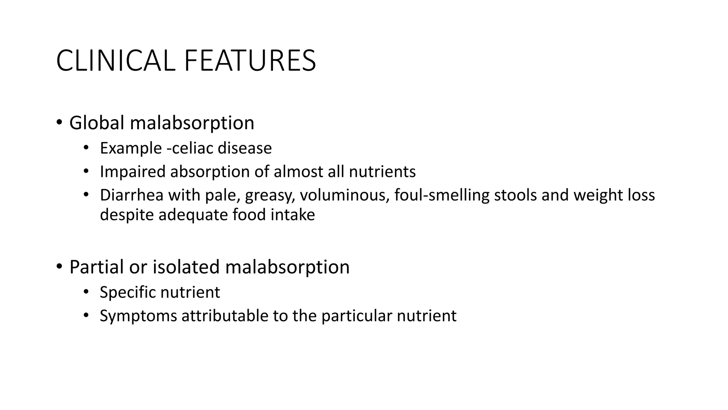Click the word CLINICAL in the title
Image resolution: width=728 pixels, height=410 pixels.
116,61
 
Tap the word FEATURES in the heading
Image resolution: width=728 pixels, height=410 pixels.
250,61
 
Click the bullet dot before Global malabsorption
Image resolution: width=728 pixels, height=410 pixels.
59,122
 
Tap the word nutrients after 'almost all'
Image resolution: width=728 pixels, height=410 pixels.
382,172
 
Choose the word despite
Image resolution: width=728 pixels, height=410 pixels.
127,215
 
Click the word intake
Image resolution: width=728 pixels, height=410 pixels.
293,215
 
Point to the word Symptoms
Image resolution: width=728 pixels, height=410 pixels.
138,316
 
